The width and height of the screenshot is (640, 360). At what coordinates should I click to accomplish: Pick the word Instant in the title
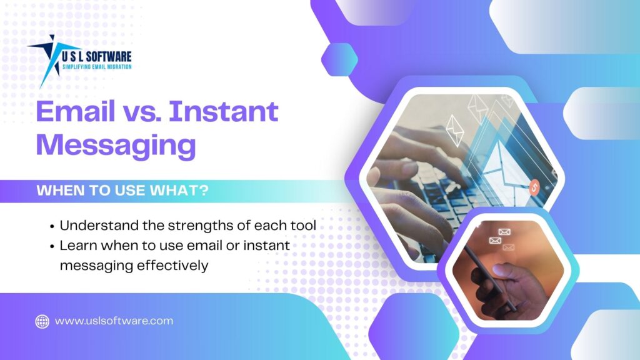[224, 111]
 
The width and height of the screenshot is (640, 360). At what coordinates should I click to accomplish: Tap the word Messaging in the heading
[116, 145]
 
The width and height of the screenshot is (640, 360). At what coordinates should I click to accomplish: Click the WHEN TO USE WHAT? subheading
[122, 191]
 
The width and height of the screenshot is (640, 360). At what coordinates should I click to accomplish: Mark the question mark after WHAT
[204, 191]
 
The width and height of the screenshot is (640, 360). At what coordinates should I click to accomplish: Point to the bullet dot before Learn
[51, 246]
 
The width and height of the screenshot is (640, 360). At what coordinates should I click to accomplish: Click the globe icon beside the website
[42, 321]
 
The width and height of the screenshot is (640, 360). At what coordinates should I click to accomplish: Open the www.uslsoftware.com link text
[114, 321]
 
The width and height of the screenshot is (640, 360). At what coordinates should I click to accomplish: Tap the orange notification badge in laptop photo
[534, 186]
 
